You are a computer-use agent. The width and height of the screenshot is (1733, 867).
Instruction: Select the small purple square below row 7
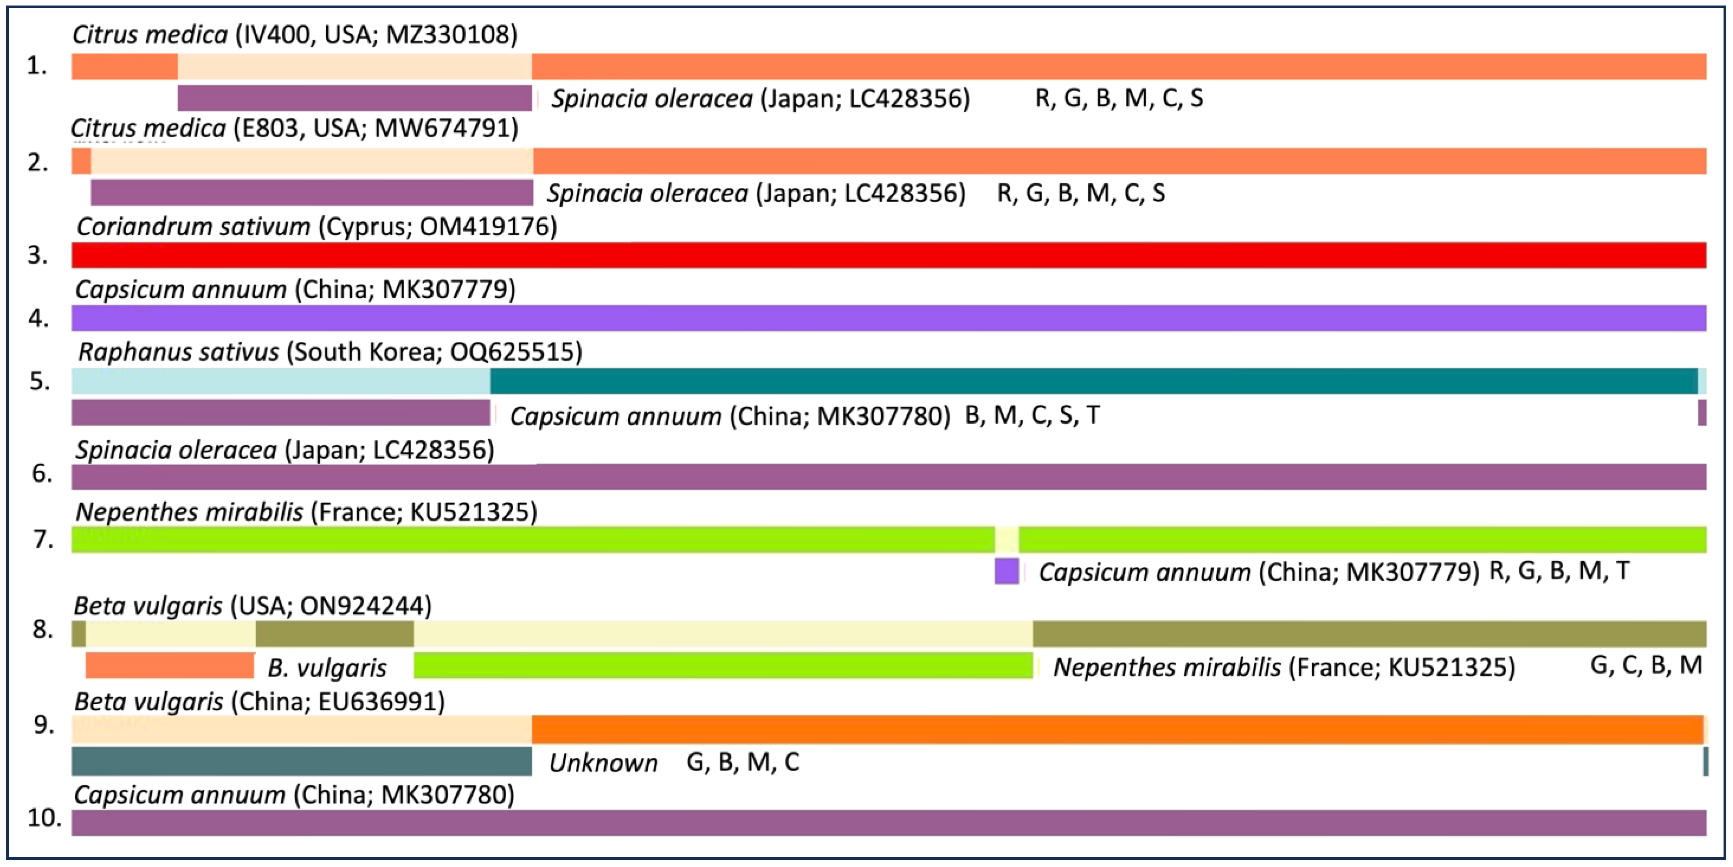click(x=1006, y=571)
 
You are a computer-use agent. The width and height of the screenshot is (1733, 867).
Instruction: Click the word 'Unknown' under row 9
click(x=603, y=763)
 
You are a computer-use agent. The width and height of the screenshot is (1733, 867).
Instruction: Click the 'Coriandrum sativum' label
click(x=193, y=227)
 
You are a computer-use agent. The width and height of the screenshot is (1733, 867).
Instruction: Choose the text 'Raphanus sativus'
click(x=178, y=352)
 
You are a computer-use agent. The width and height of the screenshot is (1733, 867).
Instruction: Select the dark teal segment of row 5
click(x=1093, y=381)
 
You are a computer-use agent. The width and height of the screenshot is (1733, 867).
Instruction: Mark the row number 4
click(x=38, y=318)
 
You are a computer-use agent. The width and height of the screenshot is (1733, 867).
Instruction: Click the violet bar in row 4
click(x=888, y=318)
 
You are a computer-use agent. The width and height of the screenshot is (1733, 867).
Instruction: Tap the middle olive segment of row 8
click(x=334, y=634)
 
